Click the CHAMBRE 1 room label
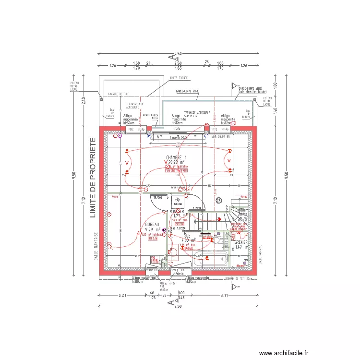[176, 157]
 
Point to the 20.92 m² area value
[179, 163]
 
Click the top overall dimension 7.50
[178, 54]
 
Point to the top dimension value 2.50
[178, 63]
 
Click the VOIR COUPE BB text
[221, 136]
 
